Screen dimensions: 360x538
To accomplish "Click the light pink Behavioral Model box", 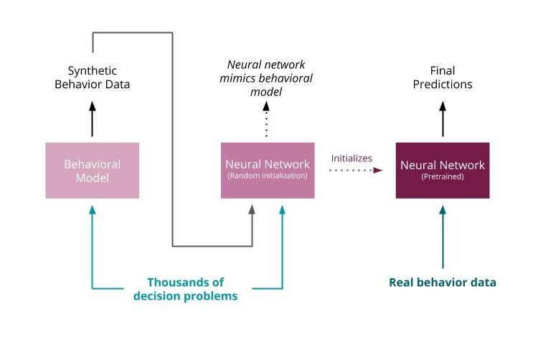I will (x=92, y=170).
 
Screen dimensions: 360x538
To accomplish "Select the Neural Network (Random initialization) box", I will (x=267, y=170).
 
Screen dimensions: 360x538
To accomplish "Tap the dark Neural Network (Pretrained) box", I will (x=442, y=170).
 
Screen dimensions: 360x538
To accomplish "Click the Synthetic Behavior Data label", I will (x=92, y=77).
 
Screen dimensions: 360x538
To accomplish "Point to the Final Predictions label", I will (x=442, y=77).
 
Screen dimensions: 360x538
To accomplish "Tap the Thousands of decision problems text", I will (x=185, y=289).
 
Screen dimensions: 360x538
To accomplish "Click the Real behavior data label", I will (x=442, y=282).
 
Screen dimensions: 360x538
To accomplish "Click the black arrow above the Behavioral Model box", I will (x=92, y=119).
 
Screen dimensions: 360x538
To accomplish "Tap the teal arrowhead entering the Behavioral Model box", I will (x=92, y=209).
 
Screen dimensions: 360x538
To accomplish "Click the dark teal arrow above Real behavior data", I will (x=442, y=237).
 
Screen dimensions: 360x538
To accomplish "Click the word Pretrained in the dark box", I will (x=443, y=177).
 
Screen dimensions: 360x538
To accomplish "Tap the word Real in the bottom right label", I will (x=402, y=282).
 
